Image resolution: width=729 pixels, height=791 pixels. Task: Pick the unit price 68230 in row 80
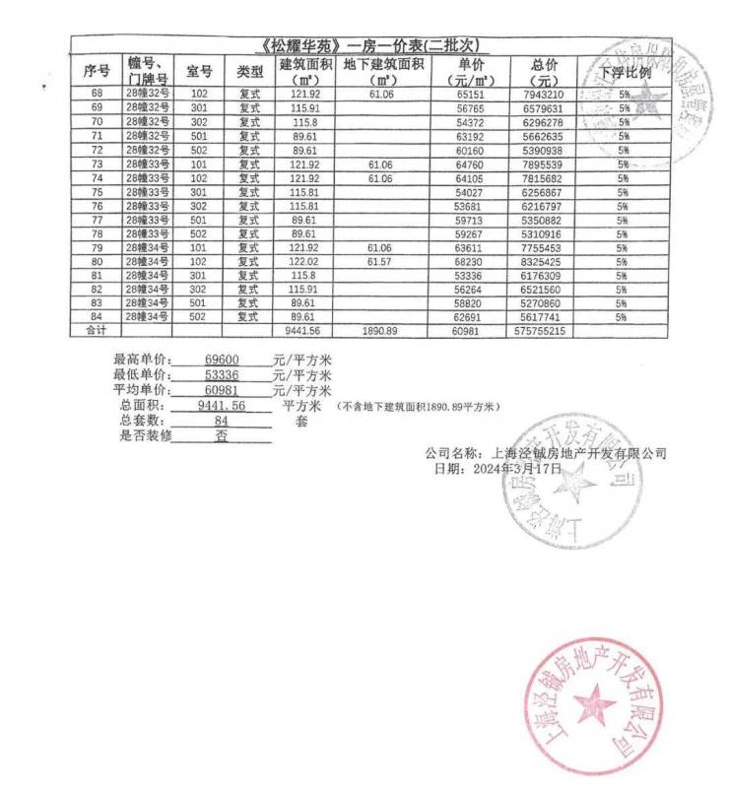click(x=470, y=262)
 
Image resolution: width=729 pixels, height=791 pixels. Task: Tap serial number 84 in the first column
click(x=97, y=317)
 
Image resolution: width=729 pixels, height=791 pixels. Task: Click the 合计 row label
click(x=97, y=332)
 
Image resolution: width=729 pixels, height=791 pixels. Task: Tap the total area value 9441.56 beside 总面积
click(x=222, y=405)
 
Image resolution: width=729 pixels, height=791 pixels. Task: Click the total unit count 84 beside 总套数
click(x=221, y=421)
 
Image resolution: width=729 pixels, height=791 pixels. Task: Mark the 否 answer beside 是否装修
click(x=221, y=435)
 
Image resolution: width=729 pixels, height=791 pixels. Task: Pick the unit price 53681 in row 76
click(x=470, y=206)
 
